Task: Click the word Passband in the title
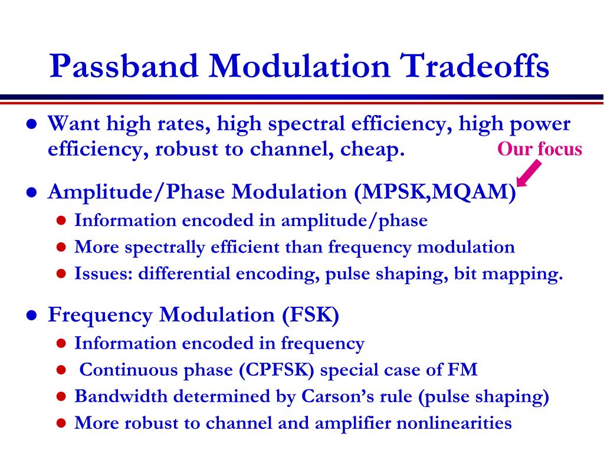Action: click(124, 66)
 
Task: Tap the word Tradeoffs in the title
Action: click(474, 66)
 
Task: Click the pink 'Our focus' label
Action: click(539, 149)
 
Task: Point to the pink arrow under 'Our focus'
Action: click(528, 173)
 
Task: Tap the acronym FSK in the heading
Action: click(310, 314)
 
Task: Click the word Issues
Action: click(103, 274)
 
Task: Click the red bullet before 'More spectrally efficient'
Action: click(61, 247)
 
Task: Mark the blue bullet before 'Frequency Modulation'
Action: click(31, 316)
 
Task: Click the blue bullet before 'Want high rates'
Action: click(31, 124)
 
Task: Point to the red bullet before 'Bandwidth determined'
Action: click(61, 396)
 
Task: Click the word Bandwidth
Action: click(120, 396)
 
